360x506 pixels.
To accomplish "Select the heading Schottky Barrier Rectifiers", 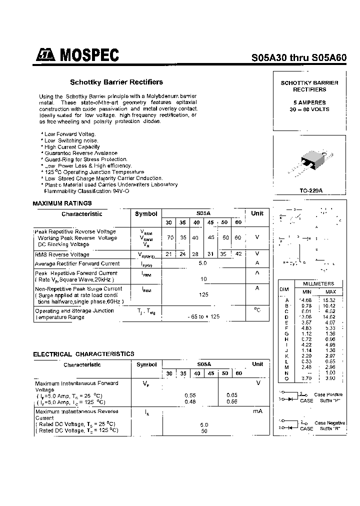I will (x=116, y=82).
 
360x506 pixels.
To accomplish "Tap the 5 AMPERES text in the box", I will (x=309, y=102).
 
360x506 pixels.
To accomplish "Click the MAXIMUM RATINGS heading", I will (x=62, y=203).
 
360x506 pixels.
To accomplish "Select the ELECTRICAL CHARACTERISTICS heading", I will (x=83, y=354).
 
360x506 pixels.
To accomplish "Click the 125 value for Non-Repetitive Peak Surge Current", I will (x=203, y=295).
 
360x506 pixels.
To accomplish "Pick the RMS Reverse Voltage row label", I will (x=62, y=254).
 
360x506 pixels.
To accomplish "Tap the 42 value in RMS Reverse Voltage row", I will (x=238, y=254).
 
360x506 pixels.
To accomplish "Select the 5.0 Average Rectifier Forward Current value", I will (x=203, y=262).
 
